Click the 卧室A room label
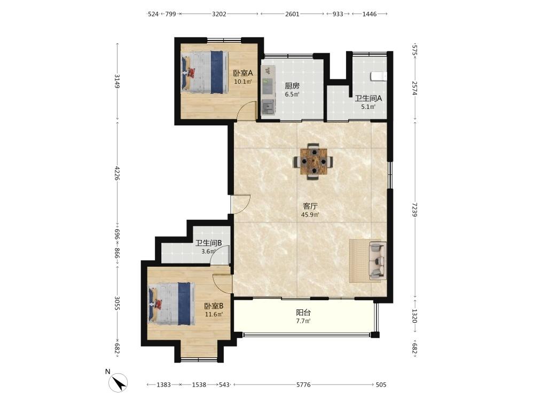pyautogui.click(x=243, y=73)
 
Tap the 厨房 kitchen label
pyautogui.click(x=292, y=86)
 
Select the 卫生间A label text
pyautogui.click(x=368, y=99)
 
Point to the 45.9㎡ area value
pyautogui.click(x=310, y=214)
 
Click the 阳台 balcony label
pyautogui.click(x=303, y=313)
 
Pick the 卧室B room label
pyautogui.click(x=214, y=306)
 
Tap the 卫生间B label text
pyautogui.click(x=209, y=243)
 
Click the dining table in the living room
pyautogui.click(x=313, y=161)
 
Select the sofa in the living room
pyautogui.click(x=378, y=261)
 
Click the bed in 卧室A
pyautogui.click(x=204, y=72)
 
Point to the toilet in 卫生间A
pyautogui.click(x=379, y=76)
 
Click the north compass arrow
pyautogui.click(x=120, y=383)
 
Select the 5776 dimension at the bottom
pyautogui.click(x=303, y=385)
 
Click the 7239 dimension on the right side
pyautogui.click(x=414, y=210)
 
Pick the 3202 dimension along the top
pyautogui.click(x=219, y=14)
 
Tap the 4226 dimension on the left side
pyautogui.click(x=117, y=173)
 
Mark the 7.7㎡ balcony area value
pyautogui.click(x=303, y=321)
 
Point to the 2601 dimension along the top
pyautogui.click(x=292, y=14)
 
